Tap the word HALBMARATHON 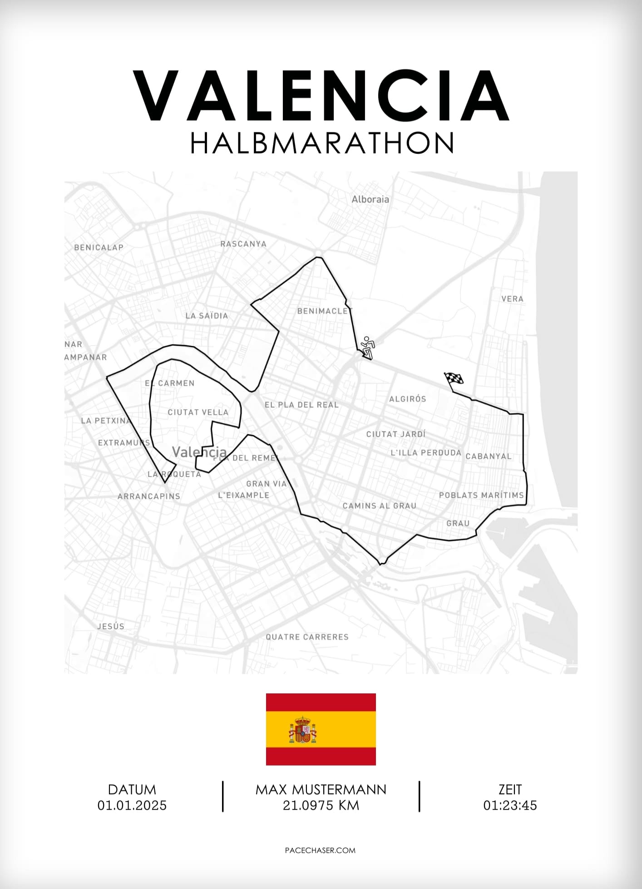coord(322,143)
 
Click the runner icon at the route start coord(368,348)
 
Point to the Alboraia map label coord(370,199)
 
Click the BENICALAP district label coord(99,247)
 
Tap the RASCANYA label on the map coord(243,244)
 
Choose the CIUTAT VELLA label coord(198,412)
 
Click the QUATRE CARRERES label coord(307,637)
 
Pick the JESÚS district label coord(111,626)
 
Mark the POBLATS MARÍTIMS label coord(481,495)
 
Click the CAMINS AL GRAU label coord(379,506)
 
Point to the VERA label coord(512,299)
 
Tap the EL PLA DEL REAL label coord(301,404)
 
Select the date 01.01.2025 coord(132,806)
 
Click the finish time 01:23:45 coord(510,806)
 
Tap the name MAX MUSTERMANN coord(321,790)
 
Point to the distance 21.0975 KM coord(321,806)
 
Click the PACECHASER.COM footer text coord(320,850)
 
